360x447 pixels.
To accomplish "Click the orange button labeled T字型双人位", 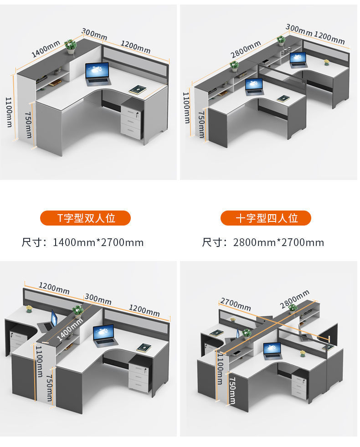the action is [x=86, y=218].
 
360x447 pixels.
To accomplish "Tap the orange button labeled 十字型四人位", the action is [x=266, y=218].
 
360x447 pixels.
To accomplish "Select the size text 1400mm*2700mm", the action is [x=98, y=242].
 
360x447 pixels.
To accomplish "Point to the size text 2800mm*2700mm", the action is [x=278, y=242].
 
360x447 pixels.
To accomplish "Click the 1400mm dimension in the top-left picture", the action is [x=45, y=49].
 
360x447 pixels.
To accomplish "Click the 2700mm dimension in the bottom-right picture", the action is [x=236, y=304].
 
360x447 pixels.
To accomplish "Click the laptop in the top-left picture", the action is [x=97, y=74].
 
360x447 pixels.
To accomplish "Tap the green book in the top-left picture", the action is [x=138, y=90].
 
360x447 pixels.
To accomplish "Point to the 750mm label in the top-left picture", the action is [x=28, y=125].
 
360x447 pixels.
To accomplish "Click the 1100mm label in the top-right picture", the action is [x=186, y=108].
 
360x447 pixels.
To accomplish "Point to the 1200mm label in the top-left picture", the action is [x=136, y=46].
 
